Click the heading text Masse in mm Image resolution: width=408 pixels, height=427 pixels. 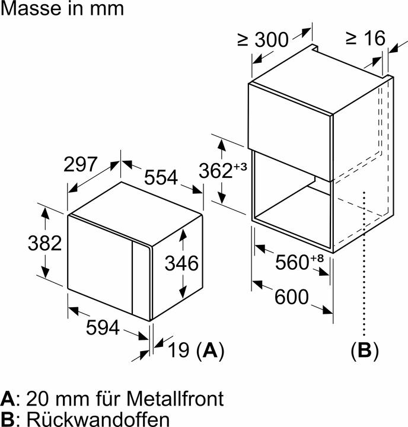(x=62, y=9)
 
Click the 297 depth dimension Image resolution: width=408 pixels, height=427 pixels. (x=81, y=164)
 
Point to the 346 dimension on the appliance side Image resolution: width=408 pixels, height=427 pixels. (x=181, y=263)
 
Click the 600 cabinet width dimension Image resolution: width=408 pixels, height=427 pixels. (x=292, y=296)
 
